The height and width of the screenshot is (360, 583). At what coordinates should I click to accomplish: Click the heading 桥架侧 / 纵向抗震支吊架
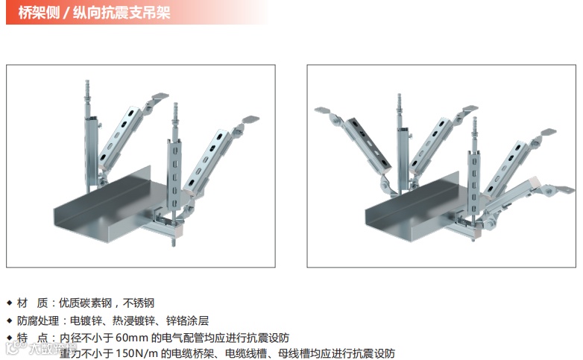(94, 13)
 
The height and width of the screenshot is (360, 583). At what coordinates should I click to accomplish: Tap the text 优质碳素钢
(85, 303)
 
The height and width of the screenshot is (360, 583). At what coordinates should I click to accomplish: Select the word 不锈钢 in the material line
(139, 303)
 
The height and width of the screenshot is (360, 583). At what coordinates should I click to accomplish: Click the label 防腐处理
(37, 320)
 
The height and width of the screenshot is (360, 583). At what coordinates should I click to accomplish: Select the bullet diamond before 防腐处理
(10, 321)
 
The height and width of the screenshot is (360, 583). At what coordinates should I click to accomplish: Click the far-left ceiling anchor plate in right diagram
(322, 110)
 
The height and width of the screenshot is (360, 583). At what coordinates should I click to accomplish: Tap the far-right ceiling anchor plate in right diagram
(564, 189)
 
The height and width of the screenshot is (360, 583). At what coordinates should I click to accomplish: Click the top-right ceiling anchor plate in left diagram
(250, 119)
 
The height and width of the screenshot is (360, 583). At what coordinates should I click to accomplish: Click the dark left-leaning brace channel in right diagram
(366, 143)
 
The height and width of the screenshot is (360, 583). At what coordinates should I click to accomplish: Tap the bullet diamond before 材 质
(10, 303)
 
